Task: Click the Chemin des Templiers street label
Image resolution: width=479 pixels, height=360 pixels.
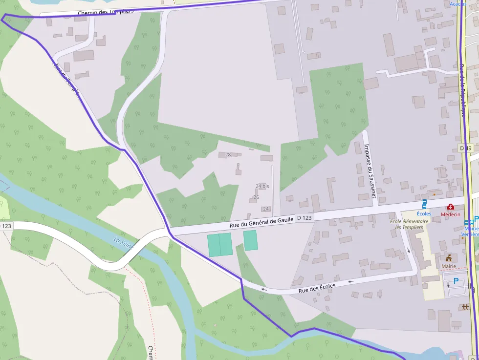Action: (x=106, y=12)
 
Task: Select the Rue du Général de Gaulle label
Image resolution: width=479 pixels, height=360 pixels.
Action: (x=261, y=222)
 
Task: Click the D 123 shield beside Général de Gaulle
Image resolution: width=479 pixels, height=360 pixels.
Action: (x=304, y=218)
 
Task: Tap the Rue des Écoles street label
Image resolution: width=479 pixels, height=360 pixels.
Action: (x=317, y=289)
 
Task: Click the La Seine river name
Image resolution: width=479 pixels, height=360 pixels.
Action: (x=123, y=243)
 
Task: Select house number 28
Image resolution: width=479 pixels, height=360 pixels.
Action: (x=228, y=155)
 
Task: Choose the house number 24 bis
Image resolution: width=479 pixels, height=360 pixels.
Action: (x=262, y=186)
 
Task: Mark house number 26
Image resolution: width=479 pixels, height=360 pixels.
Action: (x=256, y=197)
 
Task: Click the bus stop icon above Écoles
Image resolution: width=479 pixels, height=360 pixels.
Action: (x=424, y=205)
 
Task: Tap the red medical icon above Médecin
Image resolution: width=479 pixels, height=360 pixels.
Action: (x=450, y=207)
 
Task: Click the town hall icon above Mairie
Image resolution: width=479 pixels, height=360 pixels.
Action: (x=448, y=257)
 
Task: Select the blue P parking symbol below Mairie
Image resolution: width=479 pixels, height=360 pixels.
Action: (x=456, y=281)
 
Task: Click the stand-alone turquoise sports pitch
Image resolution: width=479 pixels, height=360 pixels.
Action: (x=250, y=240)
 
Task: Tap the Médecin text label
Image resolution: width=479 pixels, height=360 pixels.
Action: (x=450, y=214)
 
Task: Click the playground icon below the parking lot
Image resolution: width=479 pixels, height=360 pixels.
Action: (x=465, y=307)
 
